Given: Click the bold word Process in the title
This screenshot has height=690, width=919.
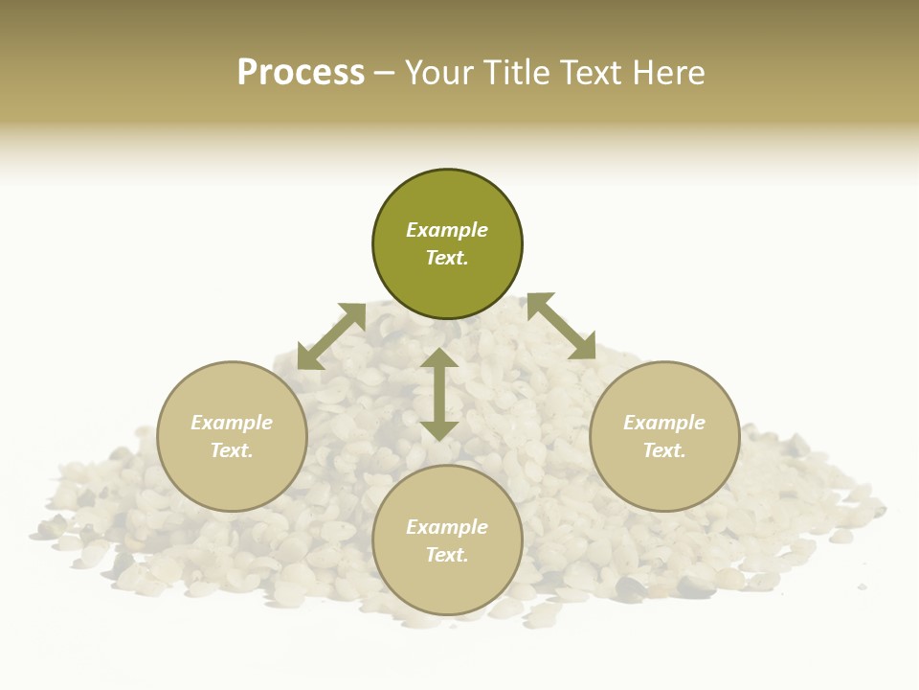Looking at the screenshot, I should click(301, 73).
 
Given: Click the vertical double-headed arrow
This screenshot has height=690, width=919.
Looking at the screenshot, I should click(439, 394).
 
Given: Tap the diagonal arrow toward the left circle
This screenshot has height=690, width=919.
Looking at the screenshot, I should click(331, 336).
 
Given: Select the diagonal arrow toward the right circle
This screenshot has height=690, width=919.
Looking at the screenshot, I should click(561, 326).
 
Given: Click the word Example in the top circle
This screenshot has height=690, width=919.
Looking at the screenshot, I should click(447, 230).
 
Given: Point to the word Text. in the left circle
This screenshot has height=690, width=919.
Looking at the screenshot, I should click(232, 450).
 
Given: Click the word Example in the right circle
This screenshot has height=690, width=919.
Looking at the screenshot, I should click(664, 423).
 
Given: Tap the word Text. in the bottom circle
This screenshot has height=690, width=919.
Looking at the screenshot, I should click(447, 555).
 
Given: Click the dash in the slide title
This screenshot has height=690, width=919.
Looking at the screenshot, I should click(385, 73).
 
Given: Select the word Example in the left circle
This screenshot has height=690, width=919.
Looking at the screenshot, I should click(232, 423).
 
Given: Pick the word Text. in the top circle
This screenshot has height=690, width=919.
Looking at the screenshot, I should click(447, 258).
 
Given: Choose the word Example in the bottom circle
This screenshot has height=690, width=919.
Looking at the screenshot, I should click(447, 527).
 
